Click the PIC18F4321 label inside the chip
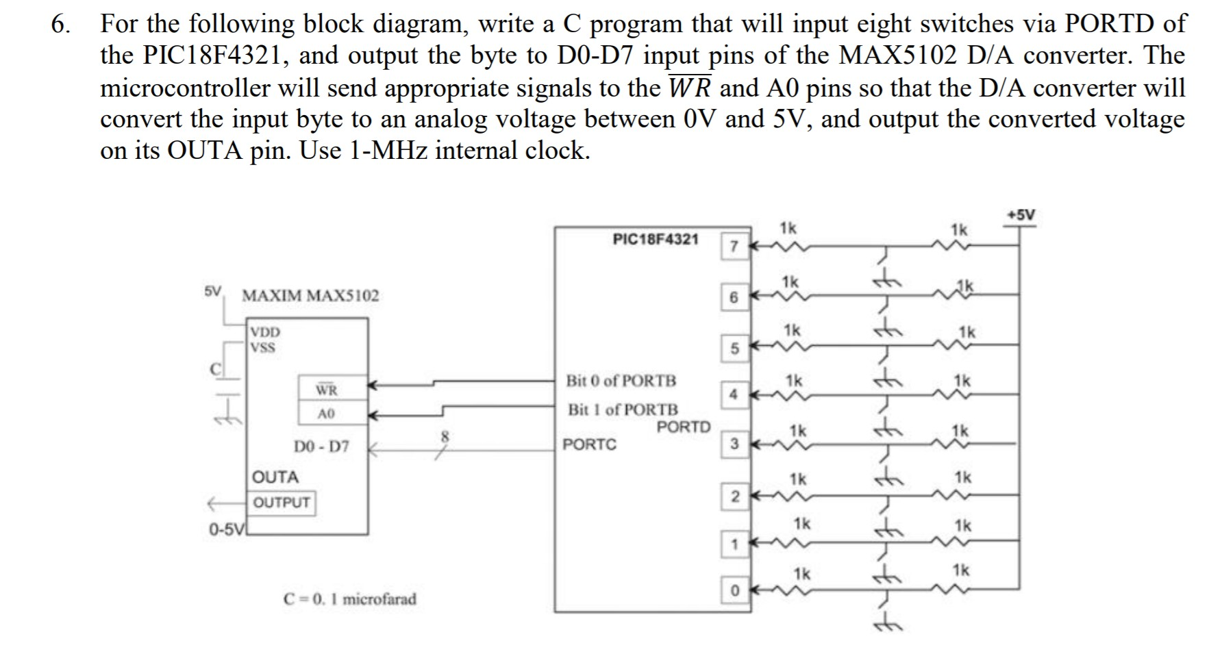click(x=656, y=239)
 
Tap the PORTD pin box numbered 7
click(x=733, y=247)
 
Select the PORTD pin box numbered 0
click(x=733, y=590)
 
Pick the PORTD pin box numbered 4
click(x=733, y=394)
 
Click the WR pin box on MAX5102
click(x=326, y=390)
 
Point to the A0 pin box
click(x=326, y=413)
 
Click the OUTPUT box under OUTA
click(x=282, y=502)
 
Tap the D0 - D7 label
click(x=321, y=447)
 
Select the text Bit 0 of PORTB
click(x=621, y=380)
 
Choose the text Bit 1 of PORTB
click(x=623, y=410)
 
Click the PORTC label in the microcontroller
click(x=589, y=444)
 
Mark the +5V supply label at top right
click(x=1021, y=215)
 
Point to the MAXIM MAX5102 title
click(x=310, y=296)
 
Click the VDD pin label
click(x=265, y=332)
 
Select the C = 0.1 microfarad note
click(x=349, y=599)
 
